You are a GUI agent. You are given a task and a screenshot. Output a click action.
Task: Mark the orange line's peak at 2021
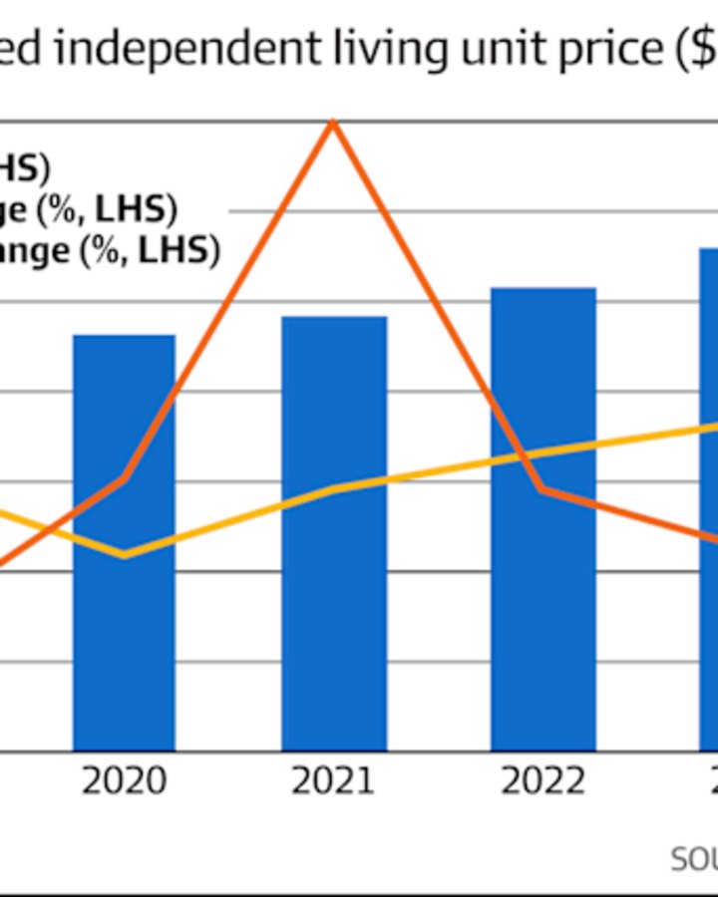point(333,123)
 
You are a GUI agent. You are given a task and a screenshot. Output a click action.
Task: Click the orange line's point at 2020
point(124,479)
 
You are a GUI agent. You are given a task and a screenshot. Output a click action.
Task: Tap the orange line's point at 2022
point(542,489)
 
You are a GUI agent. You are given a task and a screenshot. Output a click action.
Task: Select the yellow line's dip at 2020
point(124,555)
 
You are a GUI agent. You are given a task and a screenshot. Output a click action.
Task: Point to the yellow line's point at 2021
point(333,489)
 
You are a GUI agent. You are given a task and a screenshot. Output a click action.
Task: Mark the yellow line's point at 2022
point(542,453)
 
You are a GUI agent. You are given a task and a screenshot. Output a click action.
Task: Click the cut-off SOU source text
point(693,859)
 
